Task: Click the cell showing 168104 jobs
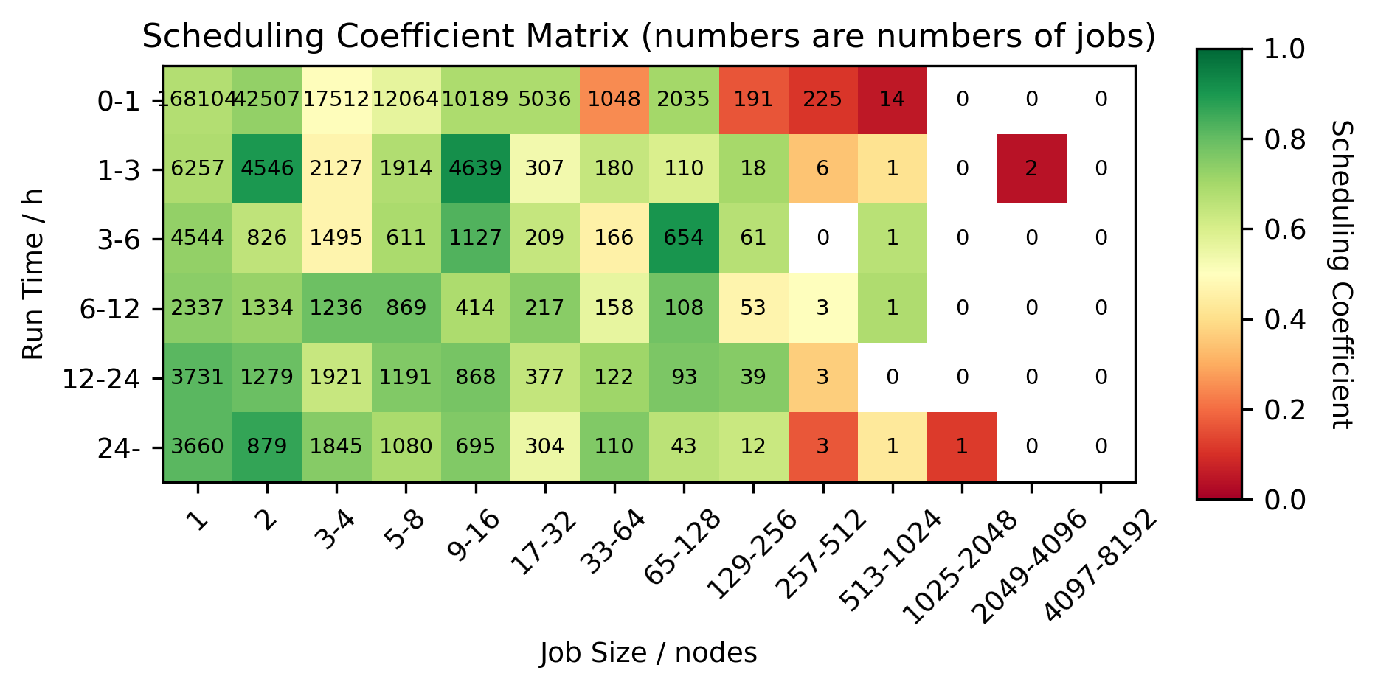(x=198, y=100)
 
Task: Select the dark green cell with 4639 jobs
(x=475, y=169)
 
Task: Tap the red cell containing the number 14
(x=892, y=100)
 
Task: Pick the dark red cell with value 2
(x=1031, y=169)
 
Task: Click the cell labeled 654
(x=684, y=238)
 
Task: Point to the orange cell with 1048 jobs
(x=614, y=100)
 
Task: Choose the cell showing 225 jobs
(x=822, y=100)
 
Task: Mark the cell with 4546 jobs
(x=267, y=169)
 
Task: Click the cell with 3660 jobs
(x=198, y=447)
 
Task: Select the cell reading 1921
(x=336, y=377)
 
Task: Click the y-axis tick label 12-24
(x=101, y=379)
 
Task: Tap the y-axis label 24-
(x=119, y=448)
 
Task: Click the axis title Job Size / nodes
(x=648, y=653)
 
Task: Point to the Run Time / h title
(x=33, y=274)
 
